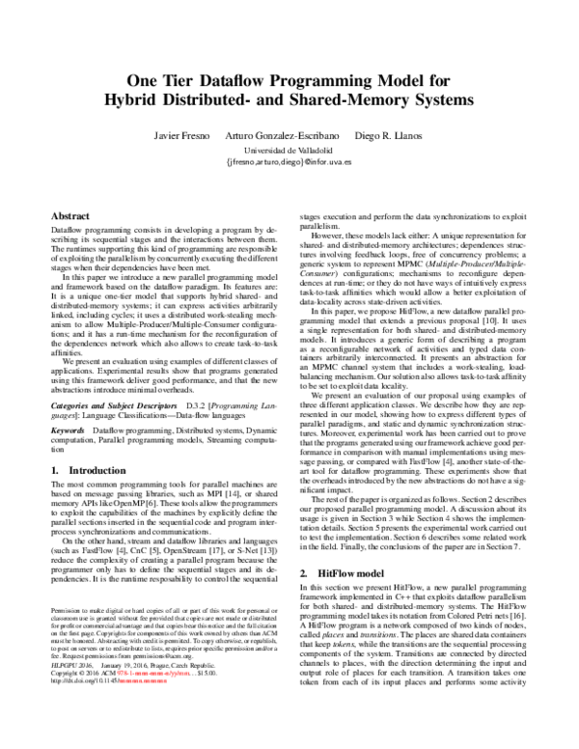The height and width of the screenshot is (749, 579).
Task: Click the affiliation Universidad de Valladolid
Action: [289, 153]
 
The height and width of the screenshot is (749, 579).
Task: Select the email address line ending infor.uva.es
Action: [289, 164]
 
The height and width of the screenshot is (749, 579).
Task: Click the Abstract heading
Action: [69, 217]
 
